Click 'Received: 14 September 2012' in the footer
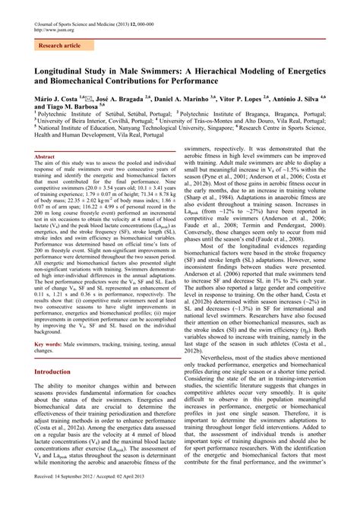click(74, 497)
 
